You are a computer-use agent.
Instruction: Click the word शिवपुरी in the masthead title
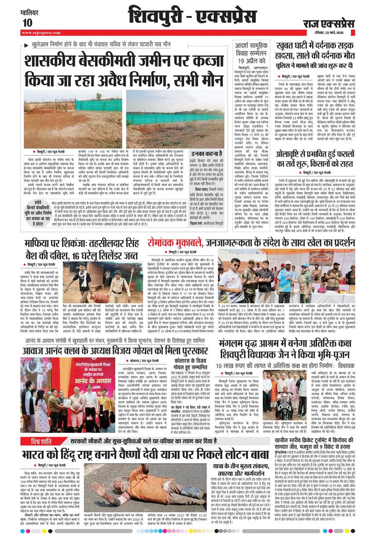click(160, 16)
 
